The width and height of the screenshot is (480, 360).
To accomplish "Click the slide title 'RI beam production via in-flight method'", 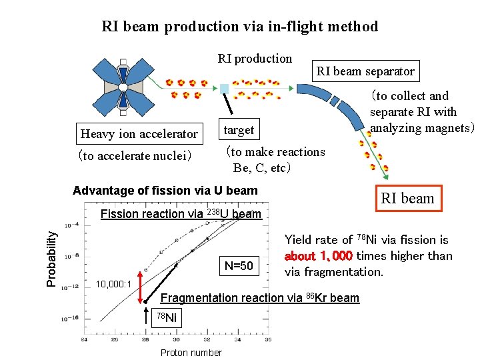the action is point(239,27).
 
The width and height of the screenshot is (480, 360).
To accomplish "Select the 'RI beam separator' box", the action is point(365,71).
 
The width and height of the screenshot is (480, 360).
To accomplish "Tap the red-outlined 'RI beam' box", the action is point(407,198).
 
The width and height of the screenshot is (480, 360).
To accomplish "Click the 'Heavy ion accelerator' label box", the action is point(139,134).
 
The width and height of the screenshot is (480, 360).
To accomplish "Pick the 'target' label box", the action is point(239,129).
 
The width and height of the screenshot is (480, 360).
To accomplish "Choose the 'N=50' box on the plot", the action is point(239,266).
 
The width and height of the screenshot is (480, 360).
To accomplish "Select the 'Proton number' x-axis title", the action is point(191,352).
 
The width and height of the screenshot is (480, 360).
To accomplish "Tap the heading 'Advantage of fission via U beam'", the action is point(165,191).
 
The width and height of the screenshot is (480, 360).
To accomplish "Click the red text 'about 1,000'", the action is point(318,256).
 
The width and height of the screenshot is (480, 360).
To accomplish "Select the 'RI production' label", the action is point(255,59).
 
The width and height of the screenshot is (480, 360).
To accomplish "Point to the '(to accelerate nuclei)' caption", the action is point(135,156).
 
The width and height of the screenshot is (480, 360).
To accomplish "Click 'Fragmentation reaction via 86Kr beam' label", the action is point(261,298).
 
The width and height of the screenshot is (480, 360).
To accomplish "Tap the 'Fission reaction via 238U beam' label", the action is point(180,214).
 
